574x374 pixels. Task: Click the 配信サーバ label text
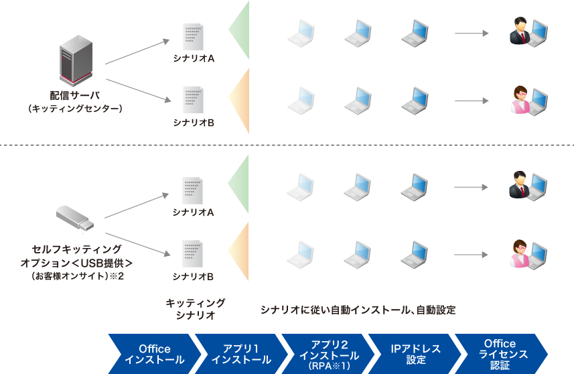pos(75,96)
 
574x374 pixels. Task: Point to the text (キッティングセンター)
pos(75,108)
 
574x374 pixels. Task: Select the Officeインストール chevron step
pos(155,354)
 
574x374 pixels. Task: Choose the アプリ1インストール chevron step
pos(241,354)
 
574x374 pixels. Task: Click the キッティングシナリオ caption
pos(196,309)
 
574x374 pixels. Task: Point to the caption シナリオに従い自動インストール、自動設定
pos(358,310)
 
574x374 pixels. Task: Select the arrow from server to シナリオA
pos(137,52)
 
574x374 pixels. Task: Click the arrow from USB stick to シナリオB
pos(137,243)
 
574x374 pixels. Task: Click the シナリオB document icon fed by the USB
pos(194,254)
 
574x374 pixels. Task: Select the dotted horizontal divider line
pos(287,145)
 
